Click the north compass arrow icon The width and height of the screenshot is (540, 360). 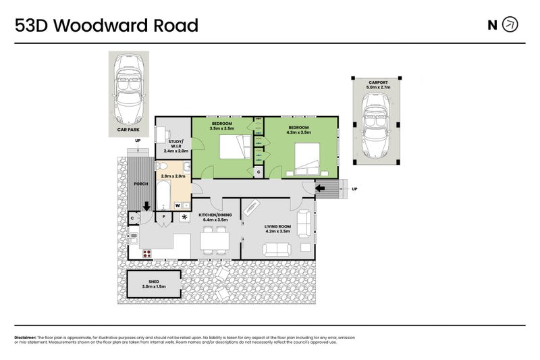pos(511,26)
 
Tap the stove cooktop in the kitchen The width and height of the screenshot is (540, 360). pos(147,253)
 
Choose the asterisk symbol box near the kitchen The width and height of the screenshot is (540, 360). pos(183,217)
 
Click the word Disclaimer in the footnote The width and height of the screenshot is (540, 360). pos(25,337)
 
